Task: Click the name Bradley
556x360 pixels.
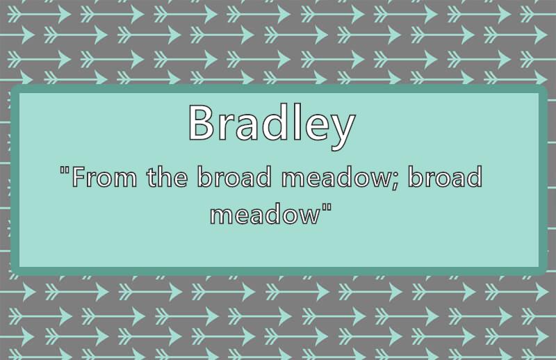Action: pos(272,126)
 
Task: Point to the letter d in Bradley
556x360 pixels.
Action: pos(273,122)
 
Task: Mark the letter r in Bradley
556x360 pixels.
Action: pos(224,126)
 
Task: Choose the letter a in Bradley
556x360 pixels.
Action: pos(246,127)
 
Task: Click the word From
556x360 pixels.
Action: pos(104,177)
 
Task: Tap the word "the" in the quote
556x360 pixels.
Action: pos(167,176)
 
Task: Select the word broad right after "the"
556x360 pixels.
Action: pos(234,176)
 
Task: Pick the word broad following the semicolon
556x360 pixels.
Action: pos(445,176)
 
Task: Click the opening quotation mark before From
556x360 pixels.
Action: pos(65,170)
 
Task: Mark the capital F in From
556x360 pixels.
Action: pos(79,177)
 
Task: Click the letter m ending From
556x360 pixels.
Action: pos(125,179)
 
